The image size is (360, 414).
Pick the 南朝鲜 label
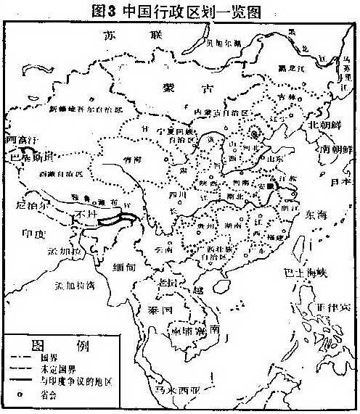click(x=338, y=149)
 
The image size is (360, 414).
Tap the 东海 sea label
click(x=316, y=215)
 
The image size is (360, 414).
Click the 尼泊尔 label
click(x=29, y=204)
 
